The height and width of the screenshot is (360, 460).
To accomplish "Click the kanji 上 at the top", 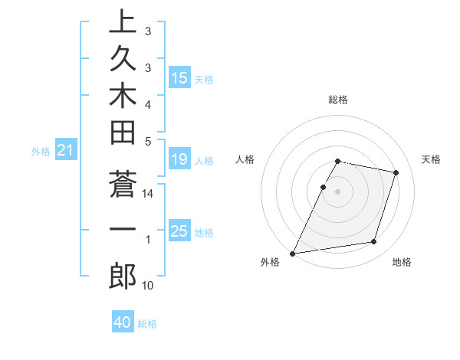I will click(x=123, y=22).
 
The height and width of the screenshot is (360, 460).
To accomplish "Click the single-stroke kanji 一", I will click(x=123, y=230).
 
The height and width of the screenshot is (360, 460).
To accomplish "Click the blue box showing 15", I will click(x=179, y=77).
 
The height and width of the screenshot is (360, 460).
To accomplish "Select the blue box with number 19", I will click(x=179, y=159).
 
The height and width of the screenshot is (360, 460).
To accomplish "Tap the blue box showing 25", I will click(x=179, y=231).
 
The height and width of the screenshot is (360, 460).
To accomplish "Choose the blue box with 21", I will click(x=66, y=151).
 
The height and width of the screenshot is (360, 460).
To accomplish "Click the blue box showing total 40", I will click(x=123, y=322).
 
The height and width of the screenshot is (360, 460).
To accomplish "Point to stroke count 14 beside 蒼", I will click(x=148, y=195).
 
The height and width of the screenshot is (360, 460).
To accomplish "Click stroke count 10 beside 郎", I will click(x=148, y=286).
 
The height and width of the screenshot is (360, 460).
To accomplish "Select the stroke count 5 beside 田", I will click(x=148, y=141).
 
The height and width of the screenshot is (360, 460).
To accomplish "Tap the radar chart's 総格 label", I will click(x=338, y=100).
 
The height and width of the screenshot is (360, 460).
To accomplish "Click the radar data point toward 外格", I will click(x=293, y=253).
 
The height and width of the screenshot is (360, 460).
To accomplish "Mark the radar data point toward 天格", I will click(x=396, y=173).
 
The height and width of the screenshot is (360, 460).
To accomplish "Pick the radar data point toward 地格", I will click(x=374, y=242).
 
